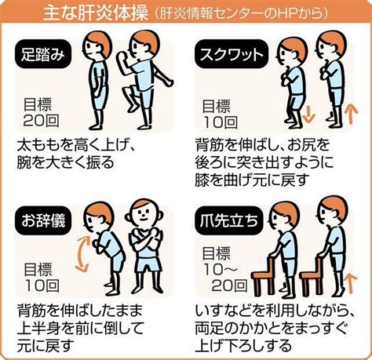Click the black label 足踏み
coord(43,54)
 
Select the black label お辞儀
coord(43,220)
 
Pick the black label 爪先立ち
coord(228,220)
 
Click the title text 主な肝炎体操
coord(96,13)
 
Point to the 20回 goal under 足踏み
coord(41,120)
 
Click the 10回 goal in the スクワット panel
coord(221,122)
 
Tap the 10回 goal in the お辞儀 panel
coord(42,285)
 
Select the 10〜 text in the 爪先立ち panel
coord(221,269)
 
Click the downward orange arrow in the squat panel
coord(308,115)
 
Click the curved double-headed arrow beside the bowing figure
coord(80,253)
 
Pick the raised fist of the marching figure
coord(122,56)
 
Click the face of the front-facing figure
coord(143,214)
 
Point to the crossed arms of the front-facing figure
coord(146,242)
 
